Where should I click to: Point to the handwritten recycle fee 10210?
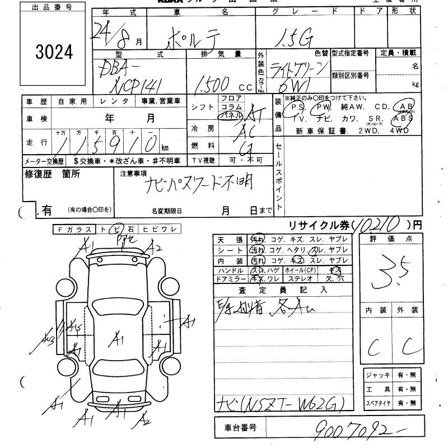click(379, 225)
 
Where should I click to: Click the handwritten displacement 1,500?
click(210, 83)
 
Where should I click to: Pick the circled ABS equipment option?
click(403, 118)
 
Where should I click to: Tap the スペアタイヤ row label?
click(377, 402)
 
